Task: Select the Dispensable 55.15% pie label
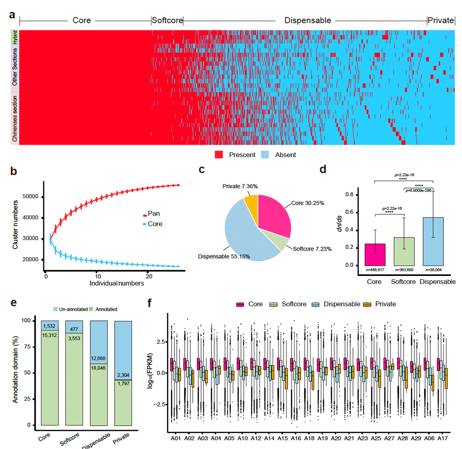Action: pyautogui.click(x=224, y=257)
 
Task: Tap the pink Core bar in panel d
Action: pyautogui.click(x=375, y=254)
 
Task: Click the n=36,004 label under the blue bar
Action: pyautogui.click(x=433, y=269)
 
